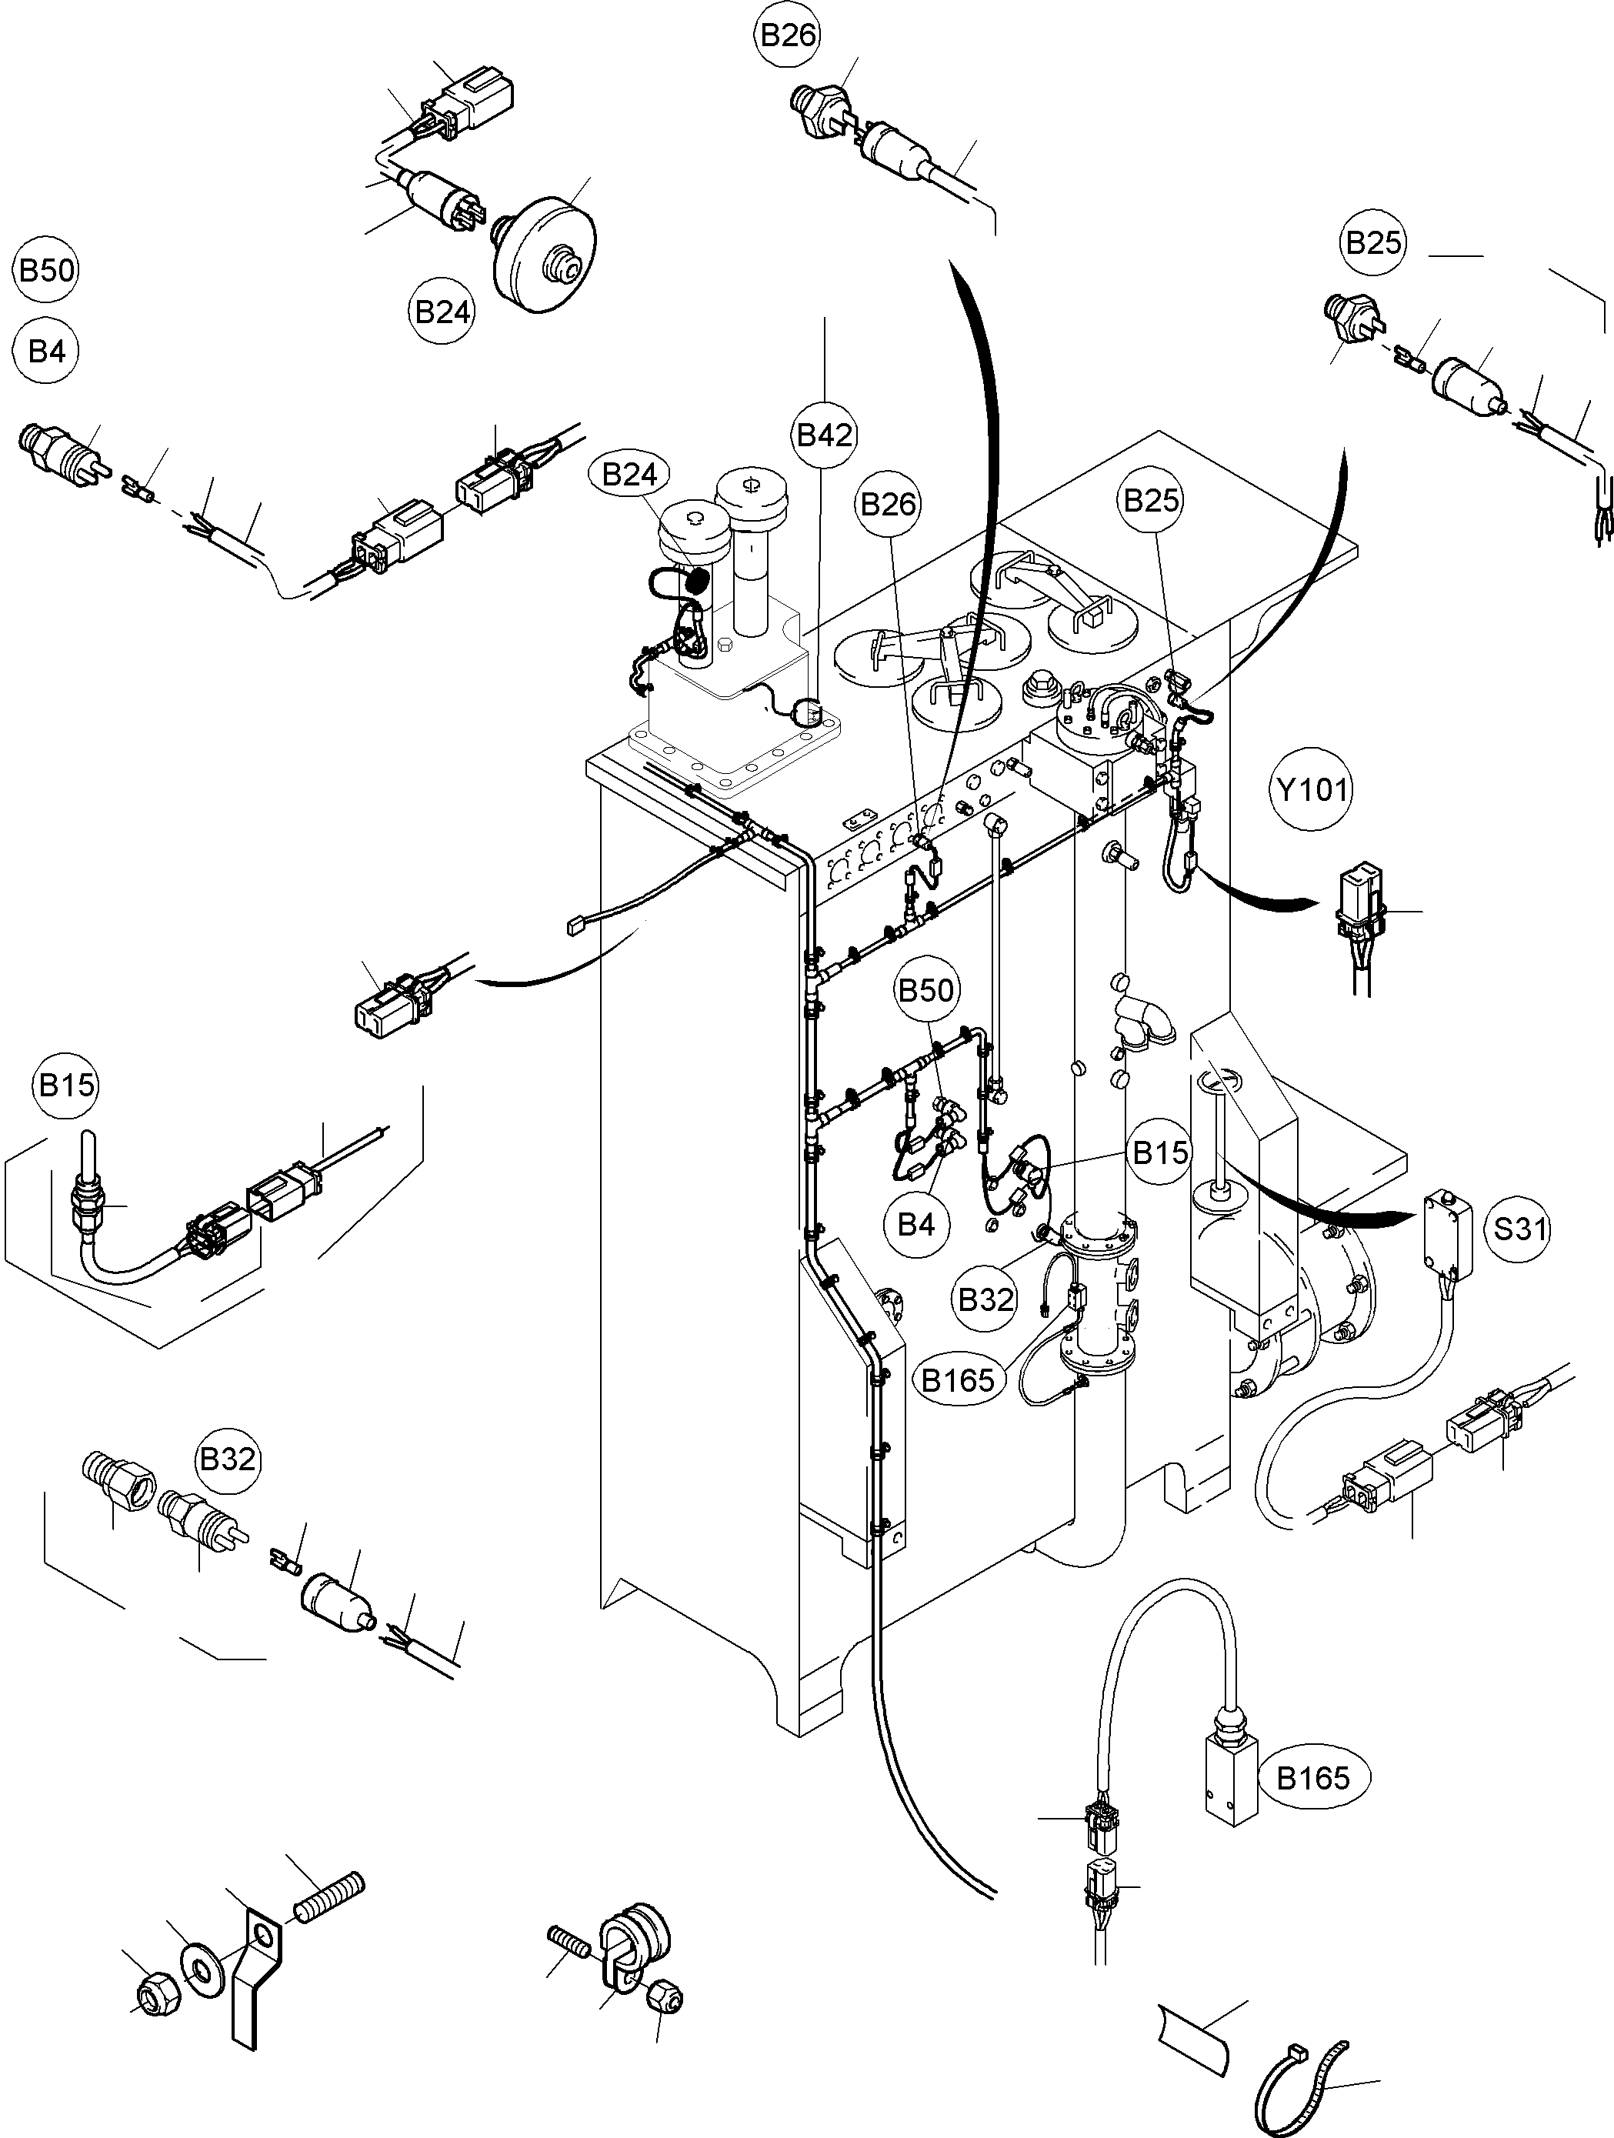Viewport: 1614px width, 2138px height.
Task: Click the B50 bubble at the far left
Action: (46, 270)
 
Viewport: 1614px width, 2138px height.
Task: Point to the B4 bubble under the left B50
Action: (46, 351)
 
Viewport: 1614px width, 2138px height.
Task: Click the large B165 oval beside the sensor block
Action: (1312, 1776)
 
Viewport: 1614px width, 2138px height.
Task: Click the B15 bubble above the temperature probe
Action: (67, 1085)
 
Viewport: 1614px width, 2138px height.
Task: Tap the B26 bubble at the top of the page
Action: (788, 35)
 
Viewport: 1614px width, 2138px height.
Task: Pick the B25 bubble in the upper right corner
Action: (1373, 242)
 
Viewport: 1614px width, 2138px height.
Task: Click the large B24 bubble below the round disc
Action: (442, 312)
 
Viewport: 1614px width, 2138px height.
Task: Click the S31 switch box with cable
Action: (1448, 1229)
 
